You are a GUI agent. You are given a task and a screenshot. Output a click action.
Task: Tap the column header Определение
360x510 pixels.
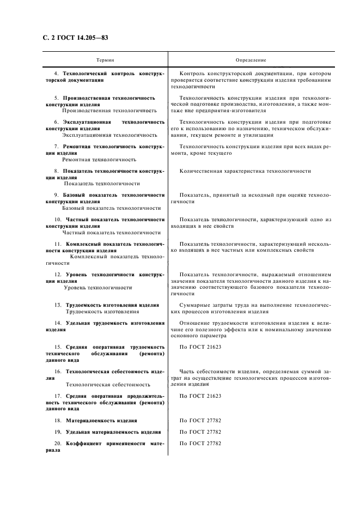(x=250, y=59)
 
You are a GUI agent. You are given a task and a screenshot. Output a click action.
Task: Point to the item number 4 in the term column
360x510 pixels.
(x=56, y=73)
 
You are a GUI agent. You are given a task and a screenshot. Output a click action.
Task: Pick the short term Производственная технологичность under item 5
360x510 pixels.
(x=109, y=110)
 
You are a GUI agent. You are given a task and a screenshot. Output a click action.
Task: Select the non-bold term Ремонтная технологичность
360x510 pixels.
(x=99, y=159)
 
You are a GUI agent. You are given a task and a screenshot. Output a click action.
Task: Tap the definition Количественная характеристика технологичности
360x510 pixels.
(x=245, y=171)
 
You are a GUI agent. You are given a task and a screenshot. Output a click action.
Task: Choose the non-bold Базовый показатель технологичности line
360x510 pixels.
(x=112, y=208)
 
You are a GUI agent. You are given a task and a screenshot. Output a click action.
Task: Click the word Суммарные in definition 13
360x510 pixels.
(x=194, y=305)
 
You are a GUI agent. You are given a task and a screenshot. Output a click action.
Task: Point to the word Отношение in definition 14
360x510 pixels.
(x=195, y=323)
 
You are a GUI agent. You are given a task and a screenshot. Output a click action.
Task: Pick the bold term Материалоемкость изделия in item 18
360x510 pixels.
(x=102, y=421)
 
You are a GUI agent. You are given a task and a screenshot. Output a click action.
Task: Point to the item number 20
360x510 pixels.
(x=57, y=444)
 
